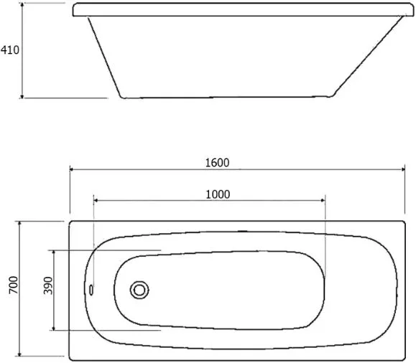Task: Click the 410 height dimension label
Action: [10, 50]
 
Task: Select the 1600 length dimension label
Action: [217, 163]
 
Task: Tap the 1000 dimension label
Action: [218, 194]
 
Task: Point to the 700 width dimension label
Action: [14, 285]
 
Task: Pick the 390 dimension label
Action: [48, 286]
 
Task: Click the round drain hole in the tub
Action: [139, 290]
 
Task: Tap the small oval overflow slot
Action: [91, 290]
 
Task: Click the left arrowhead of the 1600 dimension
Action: [72, 169]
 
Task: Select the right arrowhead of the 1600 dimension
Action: [403, 169]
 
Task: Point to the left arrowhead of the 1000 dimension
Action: [96, 200]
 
